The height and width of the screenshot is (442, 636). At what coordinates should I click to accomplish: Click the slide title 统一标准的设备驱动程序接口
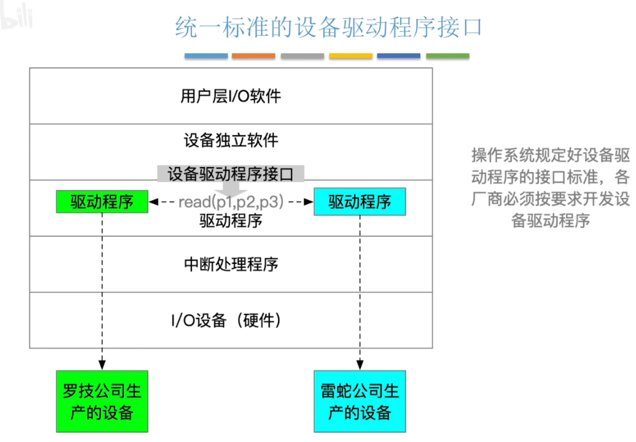[328, 27]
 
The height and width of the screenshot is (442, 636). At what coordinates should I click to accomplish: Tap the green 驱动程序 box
[102, 202]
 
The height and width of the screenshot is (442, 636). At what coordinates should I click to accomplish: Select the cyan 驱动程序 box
[360, 202]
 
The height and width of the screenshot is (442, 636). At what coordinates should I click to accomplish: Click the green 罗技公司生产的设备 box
[102, 401]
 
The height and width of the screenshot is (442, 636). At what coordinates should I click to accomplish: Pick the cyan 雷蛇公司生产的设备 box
[360, 401]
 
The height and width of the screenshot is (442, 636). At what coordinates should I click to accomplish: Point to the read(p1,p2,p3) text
[231, 202]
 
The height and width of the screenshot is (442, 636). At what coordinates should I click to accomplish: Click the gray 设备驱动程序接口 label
[230, 174]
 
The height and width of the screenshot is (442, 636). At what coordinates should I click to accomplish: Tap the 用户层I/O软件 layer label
[230, 96]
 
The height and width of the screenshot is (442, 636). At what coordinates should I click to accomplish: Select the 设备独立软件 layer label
[230, 140]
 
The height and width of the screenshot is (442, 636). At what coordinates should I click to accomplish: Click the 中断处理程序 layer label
[230, 264]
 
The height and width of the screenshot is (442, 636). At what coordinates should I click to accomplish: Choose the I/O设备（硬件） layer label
[230, 320]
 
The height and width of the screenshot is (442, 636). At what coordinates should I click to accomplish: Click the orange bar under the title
[253, 56]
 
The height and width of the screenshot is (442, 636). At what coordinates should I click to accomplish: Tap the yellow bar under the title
[351, 56]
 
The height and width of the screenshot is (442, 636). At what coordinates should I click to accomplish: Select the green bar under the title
[447, 56]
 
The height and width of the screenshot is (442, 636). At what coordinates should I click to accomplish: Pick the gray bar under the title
[302, 56]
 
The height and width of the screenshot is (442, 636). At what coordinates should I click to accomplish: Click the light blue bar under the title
[206, 56]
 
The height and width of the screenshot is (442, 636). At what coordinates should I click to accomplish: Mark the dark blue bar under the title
[399, 56]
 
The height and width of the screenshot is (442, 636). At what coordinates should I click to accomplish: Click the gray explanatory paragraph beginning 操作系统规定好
[550, 187]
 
